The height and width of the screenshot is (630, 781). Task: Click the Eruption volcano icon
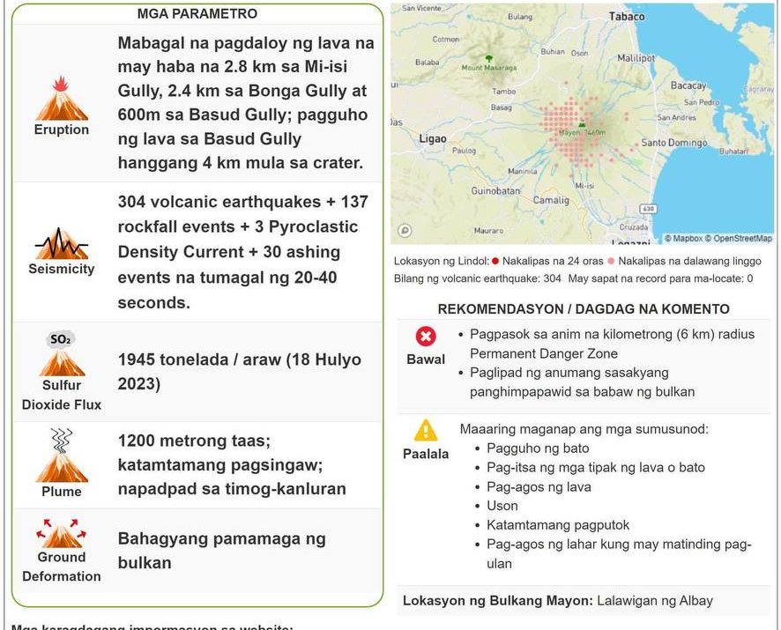click(62, 99)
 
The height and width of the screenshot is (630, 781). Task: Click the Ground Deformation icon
click(62, 532)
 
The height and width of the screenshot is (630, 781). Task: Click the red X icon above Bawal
click(427, 337)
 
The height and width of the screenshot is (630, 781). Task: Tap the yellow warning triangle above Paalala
click(427, 430)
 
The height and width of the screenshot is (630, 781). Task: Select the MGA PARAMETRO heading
click(197, 14)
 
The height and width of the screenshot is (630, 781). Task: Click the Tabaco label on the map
click(627, 17)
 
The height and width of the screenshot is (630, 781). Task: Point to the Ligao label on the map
click(433, 139)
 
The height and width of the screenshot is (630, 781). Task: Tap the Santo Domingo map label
click(673, 143)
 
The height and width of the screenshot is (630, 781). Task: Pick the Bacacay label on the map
click(688, 86)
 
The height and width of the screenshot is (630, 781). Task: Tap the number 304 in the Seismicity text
click(133, 202)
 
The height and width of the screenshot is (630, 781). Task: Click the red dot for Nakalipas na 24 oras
click(495, 261)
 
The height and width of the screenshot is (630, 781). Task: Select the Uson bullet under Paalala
click(502, 506)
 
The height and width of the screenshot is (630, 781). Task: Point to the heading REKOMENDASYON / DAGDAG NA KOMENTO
click(584, 309)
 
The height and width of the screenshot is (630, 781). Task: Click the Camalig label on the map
click(551, 200)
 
